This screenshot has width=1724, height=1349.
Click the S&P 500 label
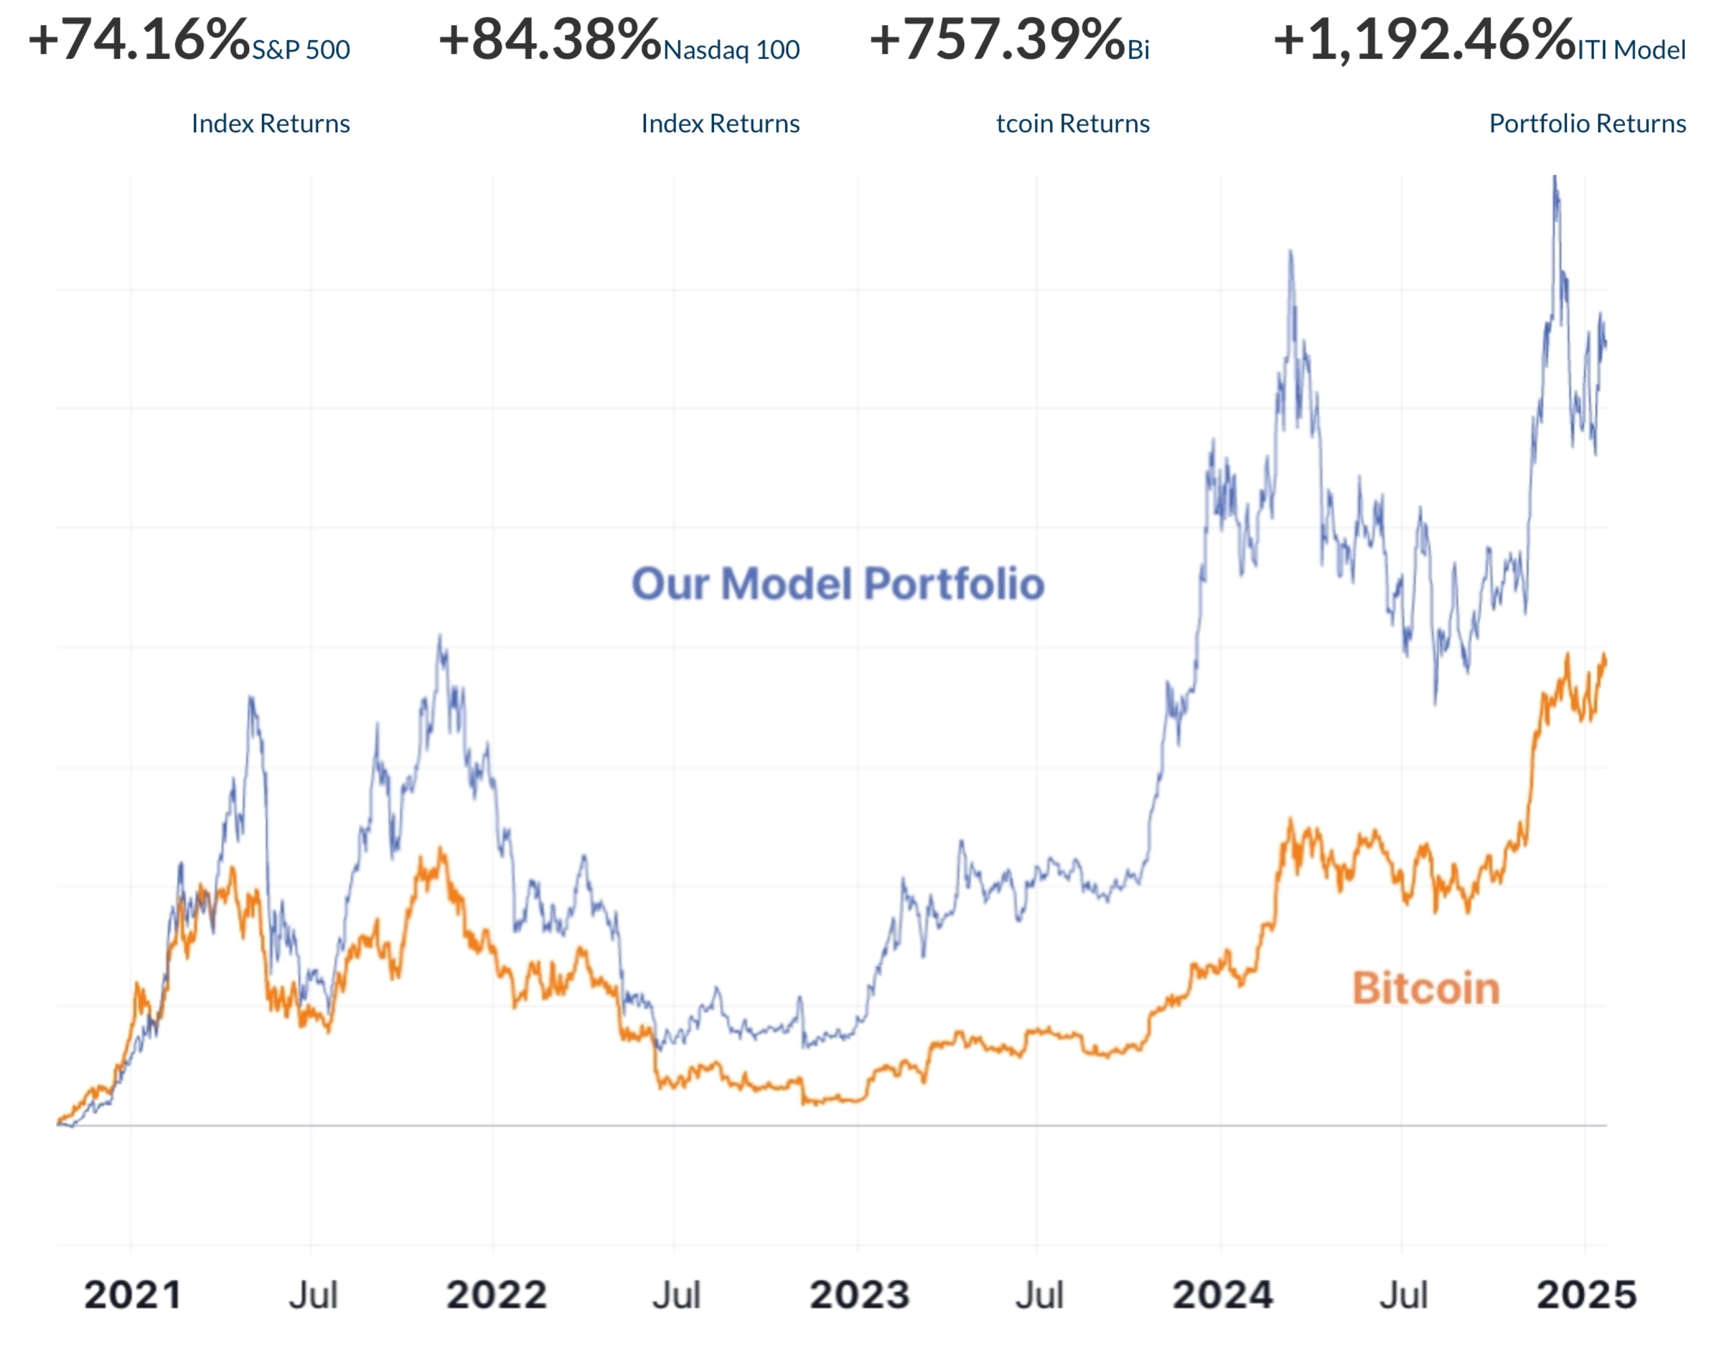[x=301, y=50]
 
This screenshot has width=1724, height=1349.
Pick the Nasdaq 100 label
[x=731, y=50]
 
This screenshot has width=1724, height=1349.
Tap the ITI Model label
[x=1632, y=50]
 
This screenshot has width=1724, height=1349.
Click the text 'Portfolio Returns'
[x=1587, y=124]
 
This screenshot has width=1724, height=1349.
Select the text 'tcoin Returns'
[x=1072, y=124]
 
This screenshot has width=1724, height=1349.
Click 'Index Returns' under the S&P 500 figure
[x=271, y=124]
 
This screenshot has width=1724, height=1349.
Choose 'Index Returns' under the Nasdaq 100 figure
[x=720, y=124]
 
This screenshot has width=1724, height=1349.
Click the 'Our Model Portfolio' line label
[x=838, y=584]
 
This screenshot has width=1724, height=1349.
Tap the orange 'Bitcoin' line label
[x=1426, y=989]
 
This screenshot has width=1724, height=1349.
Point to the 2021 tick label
[x=133, y=1295]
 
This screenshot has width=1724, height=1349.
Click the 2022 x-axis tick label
[x=496, y=1295]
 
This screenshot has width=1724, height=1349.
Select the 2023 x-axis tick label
[x=859, y=1295]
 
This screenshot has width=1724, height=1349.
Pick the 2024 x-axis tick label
[x=1223, y=1295]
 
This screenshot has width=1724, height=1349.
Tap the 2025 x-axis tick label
[x=1586, y=1295]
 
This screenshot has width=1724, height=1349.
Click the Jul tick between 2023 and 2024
[x=1039, y=1295]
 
